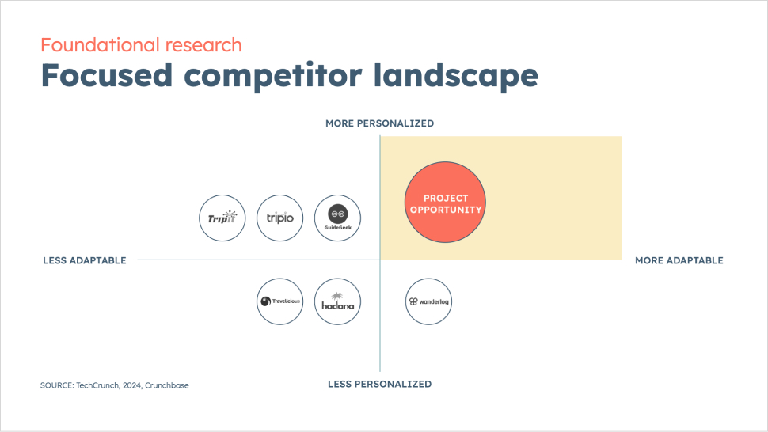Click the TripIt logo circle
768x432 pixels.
[x=222, y=218]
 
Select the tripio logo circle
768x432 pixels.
[x=280, y=218]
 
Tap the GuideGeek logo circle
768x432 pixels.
[x=337, y=218]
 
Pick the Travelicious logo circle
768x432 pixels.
[x=280, y=301]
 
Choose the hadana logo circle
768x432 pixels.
[x=337, y=301]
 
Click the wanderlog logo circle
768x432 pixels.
[x=428, y=301]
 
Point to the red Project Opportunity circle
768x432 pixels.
[x=445, y=202]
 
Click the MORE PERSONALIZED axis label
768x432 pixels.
[x=379, y=123]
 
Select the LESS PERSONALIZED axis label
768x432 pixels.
[x=379, y=384]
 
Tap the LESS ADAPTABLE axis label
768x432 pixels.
[x=85, y=260]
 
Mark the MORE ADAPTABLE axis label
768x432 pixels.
[x=679, y=260]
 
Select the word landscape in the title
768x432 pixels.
[x=455, y=76]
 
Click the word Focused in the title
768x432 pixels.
[x=107, y=75]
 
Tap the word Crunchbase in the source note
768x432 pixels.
[x=166, y=385]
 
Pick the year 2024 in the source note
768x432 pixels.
[x=131, y=385]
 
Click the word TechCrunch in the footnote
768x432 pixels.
[x=97, y=385]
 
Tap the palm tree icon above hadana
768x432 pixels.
[x=337, y=296]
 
